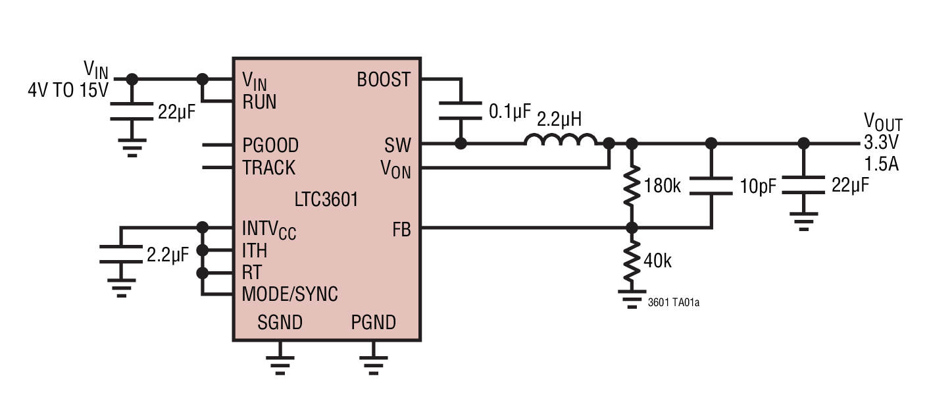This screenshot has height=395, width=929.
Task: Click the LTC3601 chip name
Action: tap(326, 199)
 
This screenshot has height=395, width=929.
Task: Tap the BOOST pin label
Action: tap(384, 80)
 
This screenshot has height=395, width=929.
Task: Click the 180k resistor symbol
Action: tap(632, 186)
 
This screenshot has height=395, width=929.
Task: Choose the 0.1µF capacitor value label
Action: tap(509, 111)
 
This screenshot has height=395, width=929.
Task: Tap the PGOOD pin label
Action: tap(270, 145)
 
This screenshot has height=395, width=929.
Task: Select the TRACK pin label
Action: tap(269, 168)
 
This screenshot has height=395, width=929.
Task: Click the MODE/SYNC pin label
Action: tap(290, 294)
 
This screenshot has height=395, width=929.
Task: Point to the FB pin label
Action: tap(401, 228)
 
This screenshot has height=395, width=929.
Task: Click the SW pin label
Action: tap(398, 145)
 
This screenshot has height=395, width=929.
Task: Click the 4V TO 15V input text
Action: tap(68, 91)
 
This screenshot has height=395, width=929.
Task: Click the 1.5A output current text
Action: tap(882, 164)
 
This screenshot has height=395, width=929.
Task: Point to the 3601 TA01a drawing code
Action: tap(673, 303)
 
